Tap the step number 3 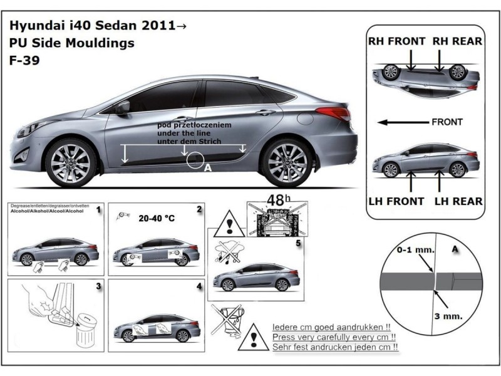[x=99, y=287]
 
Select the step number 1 [x=98, y=211]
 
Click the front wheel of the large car [x=71, y=163]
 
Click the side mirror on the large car [x=121, y=108]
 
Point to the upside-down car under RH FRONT [x=425, y=77]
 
